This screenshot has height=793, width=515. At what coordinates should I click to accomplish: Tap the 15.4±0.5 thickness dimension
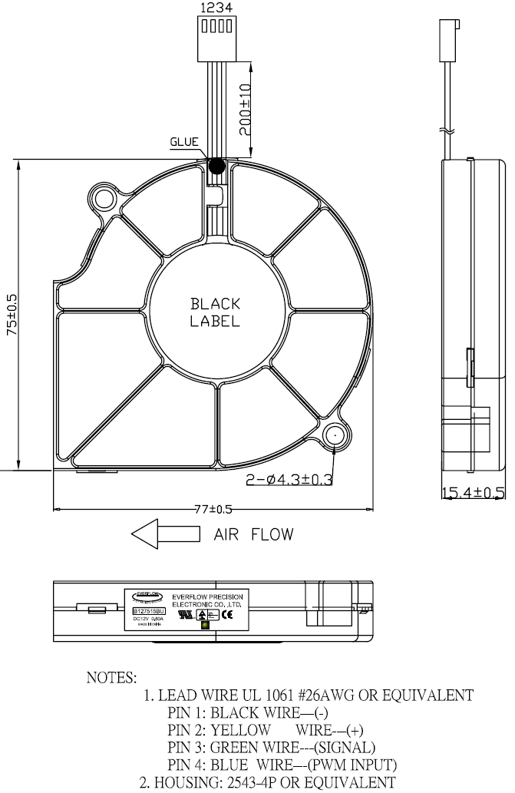point(472,492)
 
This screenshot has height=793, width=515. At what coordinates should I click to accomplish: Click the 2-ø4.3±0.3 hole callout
point(289,481)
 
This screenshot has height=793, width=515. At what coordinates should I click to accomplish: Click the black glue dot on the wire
point(216,165)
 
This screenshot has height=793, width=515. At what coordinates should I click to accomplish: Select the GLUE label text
point(184,141)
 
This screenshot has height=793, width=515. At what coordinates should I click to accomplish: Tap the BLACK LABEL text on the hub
point(215,312)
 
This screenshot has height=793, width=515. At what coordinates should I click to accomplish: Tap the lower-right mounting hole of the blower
point(335,435)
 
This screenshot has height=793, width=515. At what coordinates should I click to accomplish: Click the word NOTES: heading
point(112,678)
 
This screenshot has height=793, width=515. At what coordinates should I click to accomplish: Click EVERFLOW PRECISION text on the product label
point(216,594)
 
